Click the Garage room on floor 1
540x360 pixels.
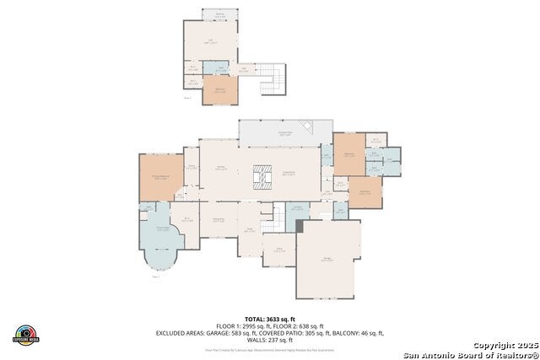click(x=327, y=261)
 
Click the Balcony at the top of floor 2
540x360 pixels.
click(x=219, y=15)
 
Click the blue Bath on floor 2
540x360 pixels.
click(x=220, y=68)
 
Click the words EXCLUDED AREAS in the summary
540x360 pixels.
click(x=182, y=333)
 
